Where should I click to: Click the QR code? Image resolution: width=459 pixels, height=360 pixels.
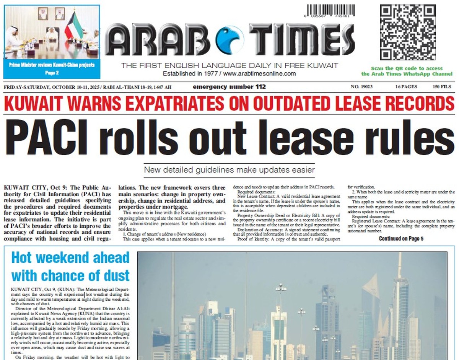407,33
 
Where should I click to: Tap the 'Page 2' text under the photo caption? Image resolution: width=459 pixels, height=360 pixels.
52,73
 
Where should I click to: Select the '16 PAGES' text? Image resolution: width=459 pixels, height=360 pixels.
406,87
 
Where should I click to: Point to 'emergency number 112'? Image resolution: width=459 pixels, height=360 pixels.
229,87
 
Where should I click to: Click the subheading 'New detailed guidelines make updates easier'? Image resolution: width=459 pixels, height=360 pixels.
229,169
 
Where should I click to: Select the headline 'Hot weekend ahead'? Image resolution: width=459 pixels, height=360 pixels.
70,258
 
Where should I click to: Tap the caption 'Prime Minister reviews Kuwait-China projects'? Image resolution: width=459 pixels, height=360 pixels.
52,65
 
